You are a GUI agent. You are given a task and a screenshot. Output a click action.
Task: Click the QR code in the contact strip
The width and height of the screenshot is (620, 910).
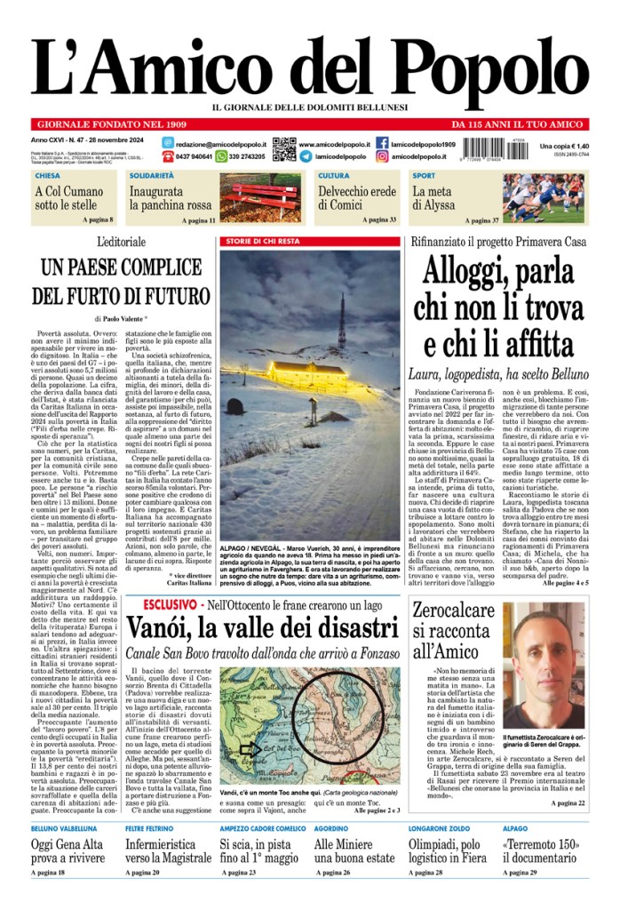coord(283,149)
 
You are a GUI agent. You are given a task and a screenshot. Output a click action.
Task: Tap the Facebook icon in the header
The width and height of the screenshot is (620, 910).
coord(382,143)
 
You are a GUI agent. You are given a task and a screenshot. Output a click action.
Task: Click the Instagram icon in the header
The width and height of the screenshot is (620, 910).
coord(382,156)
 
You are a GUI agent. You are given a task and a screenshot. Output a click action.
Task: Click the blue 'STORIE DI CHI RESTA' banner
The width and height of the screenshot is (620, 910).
coord(261,242)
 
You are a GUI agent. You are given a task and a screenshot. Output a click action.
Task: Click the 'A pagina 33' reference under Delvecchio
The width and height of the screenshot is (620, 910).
coord(380,219)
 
